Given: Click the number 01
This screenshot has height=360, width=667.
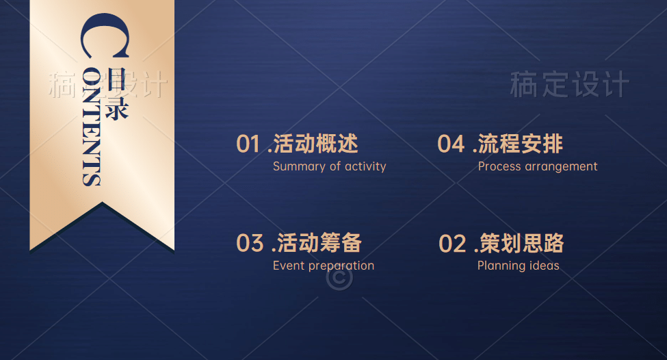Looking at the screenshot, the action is [248, 144].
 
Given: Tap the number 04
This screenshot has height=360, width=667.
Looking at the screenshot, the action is [451, 144].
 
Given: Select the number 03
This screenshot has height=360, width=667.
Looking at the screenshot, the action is [250, 244].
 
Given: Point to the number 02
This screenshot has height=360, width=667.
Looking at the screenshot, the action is [453, 244].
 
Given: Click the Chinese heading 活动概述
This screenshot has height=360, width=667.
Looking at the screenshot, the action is [315, 144].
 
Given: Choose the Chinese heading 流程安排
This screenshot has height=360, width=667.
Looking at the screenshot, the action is [521, 144].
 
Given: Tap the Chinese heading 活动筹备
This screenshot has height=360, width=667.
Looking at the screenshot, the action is [319, 243].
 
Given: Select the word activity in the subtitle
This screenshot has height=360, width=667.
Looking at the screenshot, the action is [365, 166].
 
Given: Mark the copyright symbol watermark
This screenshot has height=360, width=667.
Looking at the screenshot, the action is [339, 278].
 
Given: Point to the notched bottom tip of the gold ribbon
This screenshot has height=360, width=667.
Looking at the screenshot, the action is [102, 203].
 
